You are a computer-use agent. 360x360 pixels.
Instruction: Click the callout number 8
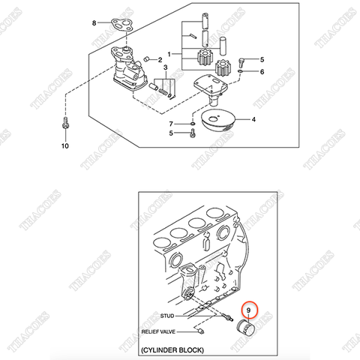tap(94, 24)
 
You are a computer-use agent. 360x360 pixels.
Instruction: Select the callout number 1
tap(169, 54)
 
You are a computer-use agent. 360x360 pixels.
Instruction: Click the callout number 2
tap(160, 59)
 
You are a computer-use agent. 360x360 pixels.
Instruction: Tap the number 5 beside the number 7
tap(172, 133)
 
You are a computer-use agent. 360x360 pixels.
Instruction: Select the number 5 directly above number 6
tap(262, 59)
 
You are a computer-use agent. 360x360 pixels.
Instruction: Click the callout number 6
tap(262, 71)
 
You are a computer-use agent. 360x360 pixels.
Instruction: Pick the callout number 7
tap(172, 123)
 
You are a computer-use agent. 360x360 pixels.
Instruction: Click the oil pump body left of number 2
tap(125, 70)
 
